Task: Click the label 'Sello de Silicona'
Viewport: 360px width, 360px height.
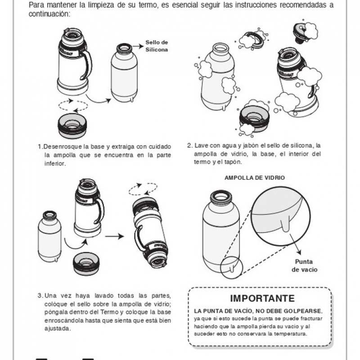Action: point(157,46)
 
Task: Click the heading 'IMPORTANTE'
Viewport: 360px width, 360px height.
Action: point(262,298)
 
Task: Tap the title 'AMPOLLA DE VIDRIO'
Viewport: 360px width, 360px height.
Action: point(255,178)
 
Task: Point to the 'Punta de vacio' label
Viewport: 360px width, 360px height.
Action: point(305,265)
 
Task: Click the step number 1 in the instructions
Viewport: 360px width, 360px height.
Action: point(40,147)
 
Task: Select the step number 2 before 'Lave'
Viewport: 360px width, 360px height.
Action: point(189,145)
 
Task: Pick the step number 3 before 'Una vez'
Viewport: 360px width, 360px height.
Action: point(40,296)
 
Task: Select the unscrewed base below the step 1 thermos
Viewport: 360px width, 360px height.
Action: point(72,126)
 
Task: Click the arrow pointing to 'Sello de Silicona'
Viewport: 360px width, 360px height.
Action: point(138,46)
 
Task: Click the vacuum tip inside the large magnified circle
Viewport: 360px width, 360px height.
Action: point(285,225)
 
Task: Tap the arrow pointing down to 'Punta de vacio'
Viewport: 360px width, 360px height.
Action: point(296,244)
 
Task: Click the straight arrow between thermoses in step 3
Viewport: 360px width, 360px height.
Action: point(114,236)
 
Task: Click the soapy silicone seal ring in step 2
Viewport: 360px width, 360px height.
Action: point(257,39)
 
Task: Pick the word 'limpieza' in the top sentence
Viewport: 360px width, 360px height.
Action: point(100,5)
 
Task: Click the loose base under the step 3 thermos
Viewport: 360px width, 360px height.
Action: point(86,263)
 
